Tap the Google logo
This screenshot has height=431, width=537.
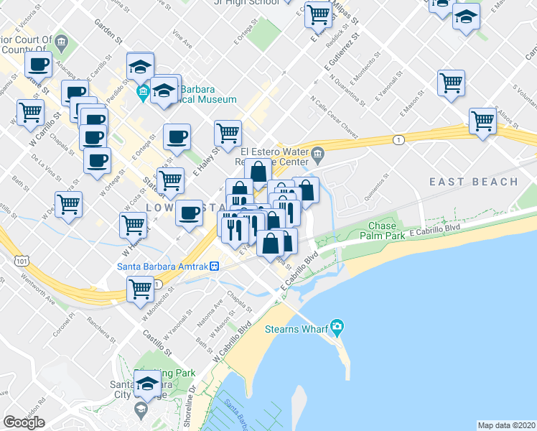[x=24, y=422]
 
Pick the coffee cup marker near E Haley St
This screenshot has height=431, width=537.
[x=177, y=136]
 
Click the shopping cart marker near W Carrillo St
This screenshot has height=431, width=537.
[x=31, y=112]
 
